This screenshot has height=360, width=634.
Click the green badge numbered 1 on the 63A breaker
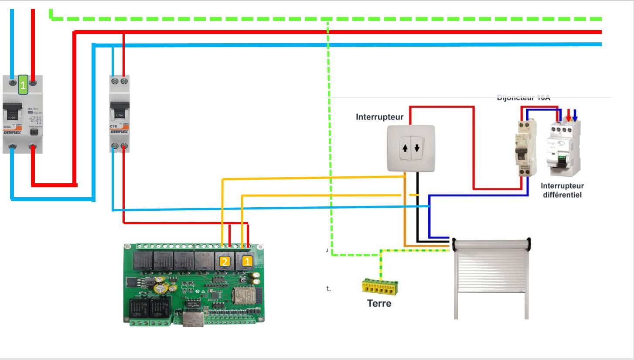[23, 85]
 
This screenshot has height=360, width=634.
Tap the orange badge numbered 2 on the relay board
[225, 262]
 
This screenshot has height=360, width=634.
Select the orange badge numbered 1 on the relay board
[247, 262]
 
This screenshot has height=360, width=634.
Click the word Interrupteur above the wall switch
[379, 117]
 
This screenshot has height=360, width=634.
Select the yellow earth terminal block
[380, 286]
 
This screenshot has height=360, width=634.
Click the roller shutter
[491, 279]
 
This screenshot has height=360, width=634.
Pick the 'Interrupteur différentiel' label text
[563, 190]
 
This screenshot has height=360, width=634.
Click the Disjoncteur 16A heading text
[523, 98]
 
